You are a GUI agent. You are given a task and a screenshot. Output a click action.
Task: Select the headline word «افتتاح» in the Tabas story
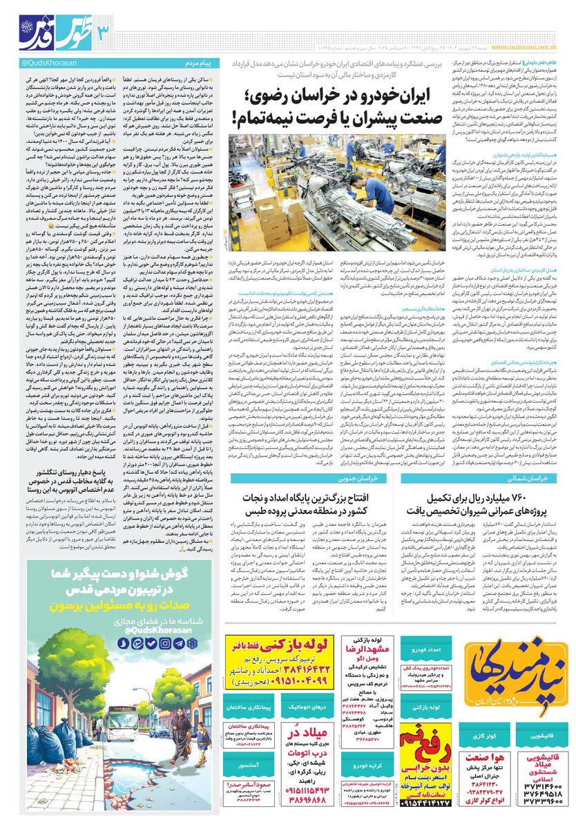[376, 480]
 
